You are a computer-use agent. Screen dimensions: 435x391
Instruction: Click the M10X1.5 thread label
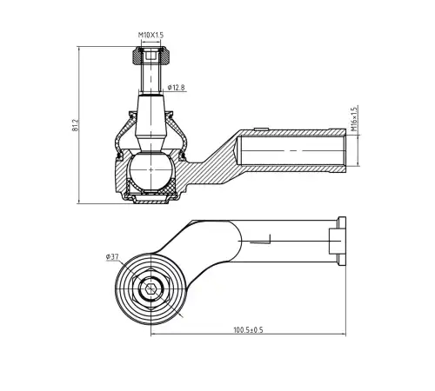(x=151, y=35)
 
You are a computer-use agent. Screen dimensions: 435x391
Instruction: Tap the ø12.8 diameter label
(x=176, y=87)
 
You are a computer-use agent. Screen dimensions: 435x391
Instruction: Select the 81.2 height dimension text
(x=75, y=125)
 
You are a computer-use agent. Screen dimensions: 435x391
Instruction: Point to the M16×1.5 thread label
(x=354, y=119)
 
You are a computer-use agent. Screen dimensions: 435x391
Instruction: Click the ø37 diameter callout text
(x=112, y=256)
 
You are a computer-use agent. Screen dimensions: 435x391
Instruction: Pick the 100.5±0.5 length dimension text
(x=248, y=330)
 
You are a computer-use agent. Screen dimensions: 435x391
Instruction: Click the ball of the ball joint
(x=151, y=170)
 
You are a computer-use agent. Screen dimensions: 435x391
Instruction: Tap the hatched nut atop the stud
(x=151, y=56)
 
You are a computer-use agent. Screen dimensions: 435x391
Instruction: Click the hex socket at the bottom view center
(x=151, y=288)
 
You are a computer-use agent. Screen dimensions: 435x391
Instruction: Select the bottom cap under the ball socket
(x=151, y=200)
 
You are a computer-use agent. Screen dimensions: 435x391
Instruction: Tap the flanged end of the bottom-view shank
(x=342, y=241)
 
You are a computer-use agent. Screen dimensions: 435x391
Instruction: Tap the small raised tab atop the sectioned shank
(x=261, y=129)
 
